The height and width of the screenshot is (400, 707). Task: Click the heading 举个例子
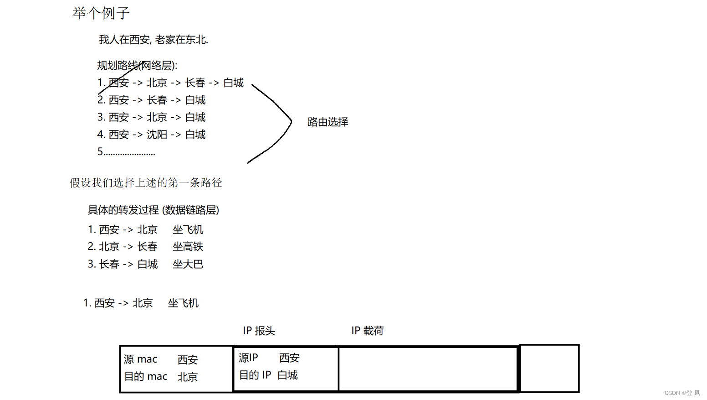[101, 13]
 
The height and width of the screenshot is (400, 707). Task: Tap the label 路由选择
[328, 122]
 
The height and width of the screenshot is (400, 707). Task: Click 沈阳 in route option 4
[157, 135]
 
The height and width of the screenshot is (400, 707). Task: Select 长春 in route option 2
[157, 100]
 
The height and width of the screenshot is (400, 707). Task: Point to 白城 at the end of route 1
[233, 83]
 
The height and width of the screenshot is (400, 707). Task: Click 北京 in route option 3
[157, 117]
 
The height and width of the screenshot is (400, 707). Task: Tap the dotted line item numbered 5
[126, 152]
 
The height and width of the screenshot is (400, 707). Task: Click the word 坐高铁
[188, 247]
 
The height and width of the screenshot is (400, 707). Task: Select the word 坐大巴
[188, 264]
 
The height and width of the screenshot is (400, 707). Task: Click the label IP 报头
[259, 331]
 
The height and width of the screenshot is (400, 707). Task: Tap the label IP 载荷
[367, 331]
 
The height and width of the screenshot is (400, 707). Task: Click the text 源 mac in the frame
[140, 359]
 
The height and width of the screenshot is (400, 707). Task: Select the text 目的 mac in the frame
[146, 376]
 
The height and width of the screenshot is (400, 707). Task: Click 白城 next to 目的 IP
[287, 375]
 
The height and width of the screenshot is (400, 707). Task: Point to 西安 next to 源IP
[289, 358]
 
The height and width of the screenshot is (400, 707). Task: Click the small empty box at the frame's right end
[549, 369]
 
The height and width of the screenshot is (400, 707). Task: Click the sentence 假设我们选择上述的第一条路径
[146, 183]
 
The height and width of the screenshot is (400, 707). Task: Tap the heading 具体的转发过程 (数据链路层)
[153, 210]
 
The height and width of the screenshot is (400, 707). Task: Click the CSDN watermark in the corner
[682, 393]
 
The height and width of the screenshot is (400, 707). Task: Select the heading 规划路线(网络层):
[137, 66]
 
